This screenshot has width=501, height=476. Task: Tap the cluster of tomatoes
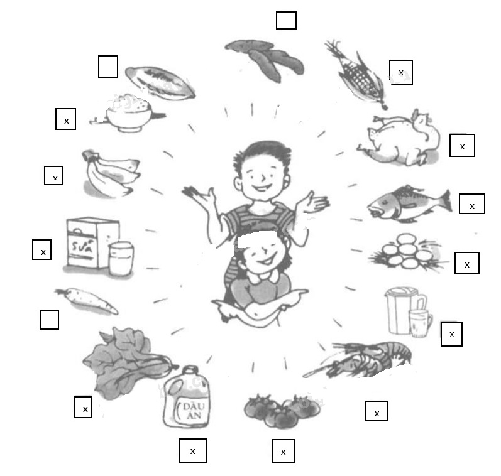pyautogui.click(x=281, y=409)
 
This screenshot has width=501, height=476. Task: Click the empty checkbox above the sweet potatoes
pyautogui.click(x=286, y=20)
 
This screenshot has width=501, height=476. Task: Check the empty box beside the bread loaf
pyautogui.click(x=108, y=67)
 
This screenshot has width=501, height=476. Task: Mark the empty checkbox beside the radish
pyautogui.click(x=49, y=320)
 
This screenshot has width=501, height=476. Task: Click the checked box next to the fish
pyautogui.click(x=472, y=204)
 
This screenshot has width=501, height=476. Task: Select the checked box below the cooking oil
pyautogui.click(x=192, y=451)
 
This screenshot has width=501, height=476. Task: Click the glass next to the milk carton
pyautogui.click(x=121, y=258)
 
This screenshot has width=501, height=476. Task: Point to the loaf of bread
pyautogui.click(x=160, y=82)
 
